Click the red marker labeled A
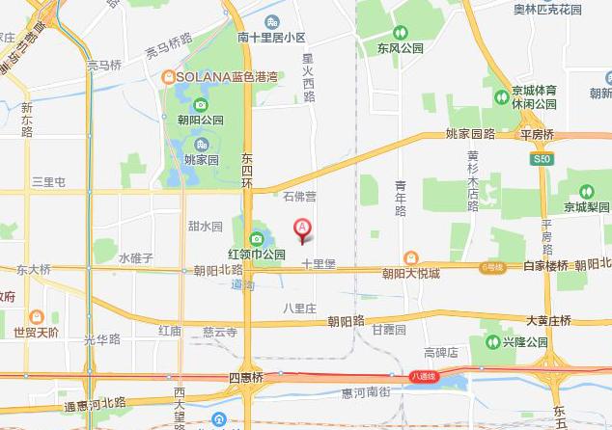(302, 229)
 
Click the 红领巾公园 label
(257, 255)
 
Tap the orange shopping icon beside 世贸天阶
(36, 316)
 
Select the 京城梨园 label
(587, 207)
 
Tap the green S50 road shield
(542, 157)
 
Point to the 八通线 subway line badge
(424, 376)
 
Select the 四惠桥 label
(245, 376)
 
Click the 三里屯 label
(48, 181)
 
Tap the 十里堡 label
(318, 262)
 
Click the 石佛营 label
(299, 197)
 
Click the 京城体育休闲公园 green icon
(502, 94)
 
